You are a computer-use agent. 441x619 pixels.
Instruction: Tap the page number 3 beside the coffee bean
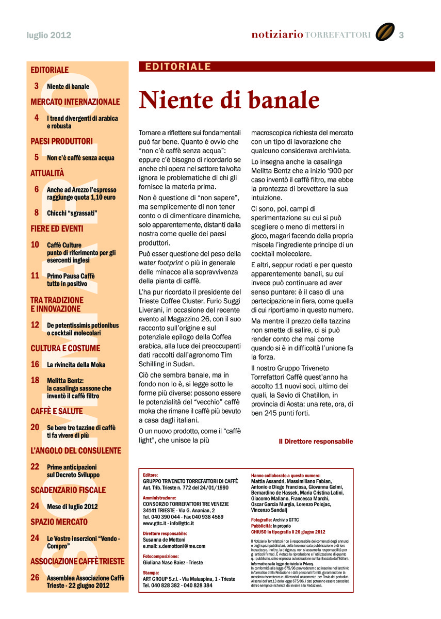[401, 35]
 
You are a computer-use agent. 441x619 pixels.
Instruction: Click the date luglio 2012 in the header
[49, 35]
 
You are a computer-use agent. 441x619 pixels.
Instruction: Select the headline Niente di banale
[229, 100]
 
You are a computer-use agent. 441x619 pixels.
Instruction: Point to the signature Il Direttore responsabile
[316, 442]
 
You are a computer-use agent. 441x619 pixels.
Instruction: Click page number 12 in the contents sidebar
[35, 325]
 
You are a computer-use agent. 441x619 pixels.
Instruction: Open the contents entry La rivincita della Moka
[76, 365]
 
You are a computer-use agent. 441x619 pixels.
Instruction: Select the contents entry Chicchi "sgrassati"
[72, 213]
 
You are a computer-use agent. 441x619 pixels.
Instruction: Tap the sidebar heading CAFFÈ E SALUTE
[56, 412]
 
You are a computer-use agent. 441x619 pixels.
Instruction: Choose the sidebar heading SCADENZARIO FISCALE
[68, 490]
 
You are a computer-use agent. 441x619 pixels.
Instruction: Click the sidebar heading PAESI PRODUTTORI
[61, 141]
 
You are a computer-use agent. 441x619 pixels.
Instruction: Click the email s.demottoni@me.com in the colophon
[174, 546]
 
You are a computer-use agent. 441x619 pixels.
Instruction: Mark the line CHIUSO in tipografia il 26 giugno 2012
[288, 531]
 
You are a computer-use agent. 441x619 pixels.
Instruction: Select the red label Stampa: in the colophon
[151, 573]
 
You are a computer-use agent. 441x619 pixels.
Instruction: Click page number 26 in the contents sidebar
[35, 578]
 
